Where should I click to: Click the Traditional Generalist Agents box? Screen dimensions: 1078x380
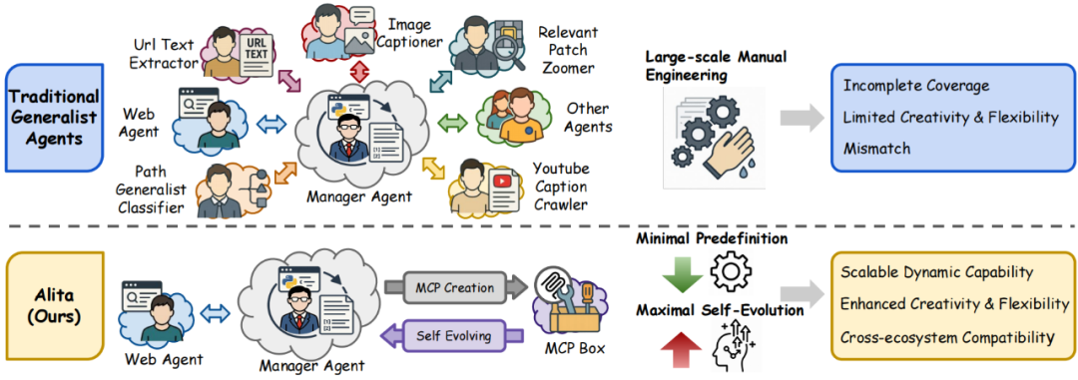[x=54, y=118]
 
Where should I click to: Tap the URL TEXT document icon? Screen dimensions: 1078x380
[x=254, y=54]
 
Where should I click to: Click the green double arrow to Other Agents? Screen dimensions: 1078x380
[x=452, y=123]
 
